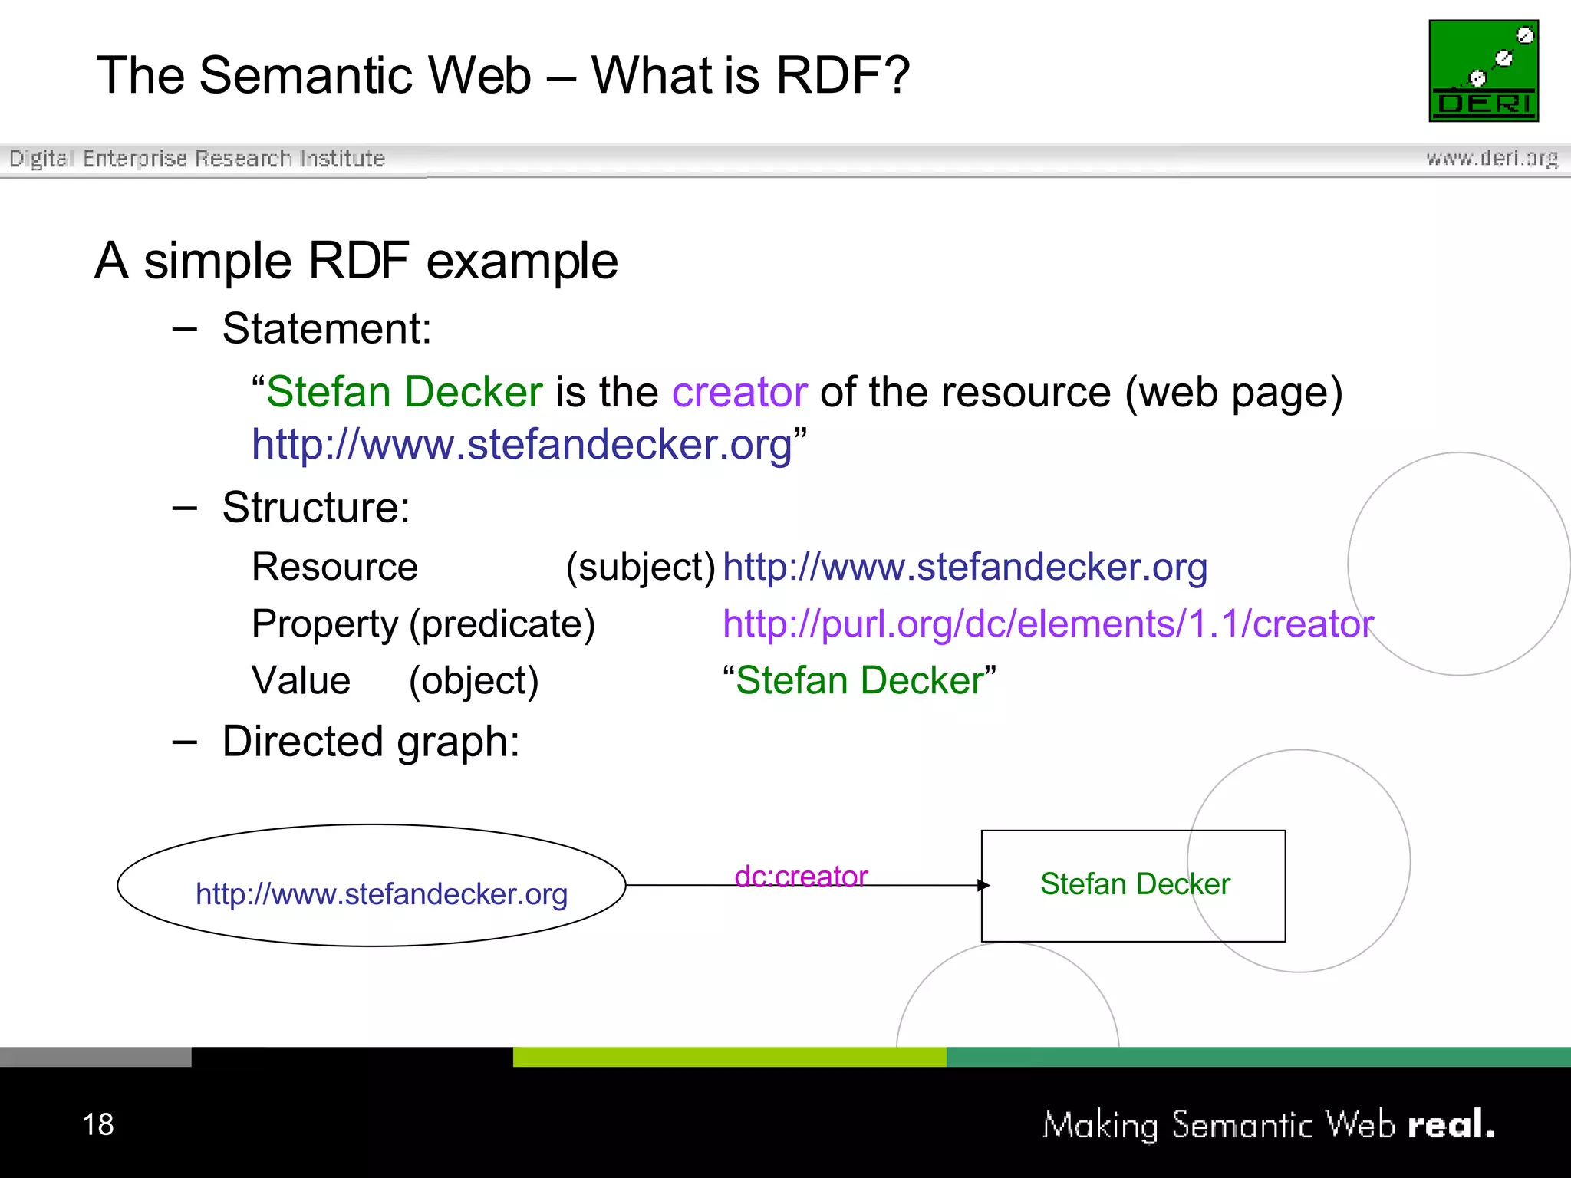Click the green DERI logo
[x=1483, y=71]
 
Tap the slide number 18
[x=98, y=1124]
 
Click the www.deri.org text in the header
[x=1491, y=158]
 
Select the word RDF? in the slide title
[x=842, y=75]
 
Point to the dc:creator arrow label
[x=800, y=876]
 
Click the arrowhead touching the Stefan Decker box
[x=983, y=885]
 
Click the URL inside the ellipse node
[x=381, y=894]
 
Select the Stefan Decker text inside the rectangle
[x=1135, y=884]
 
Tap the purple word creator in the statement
[x=739, y=392]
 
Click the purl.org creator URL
[x=1047, y=624]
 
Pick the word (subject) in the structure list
[x=641, y=568]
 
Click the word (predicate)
[x=502, y=624]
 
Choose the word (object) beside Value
[x=473, y=681]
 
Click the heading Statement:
[x=327, y=329]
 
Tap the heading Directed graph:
[x=371, y=742]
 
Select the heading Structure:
[x=316, y=508]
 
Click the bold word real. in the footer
[x=1450, y=1124]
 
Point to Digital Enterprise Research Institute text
[x=197, y=159]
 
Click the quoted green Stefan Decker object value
[x=859, y=680]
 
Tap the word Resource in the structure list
[x=334, y=568]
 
